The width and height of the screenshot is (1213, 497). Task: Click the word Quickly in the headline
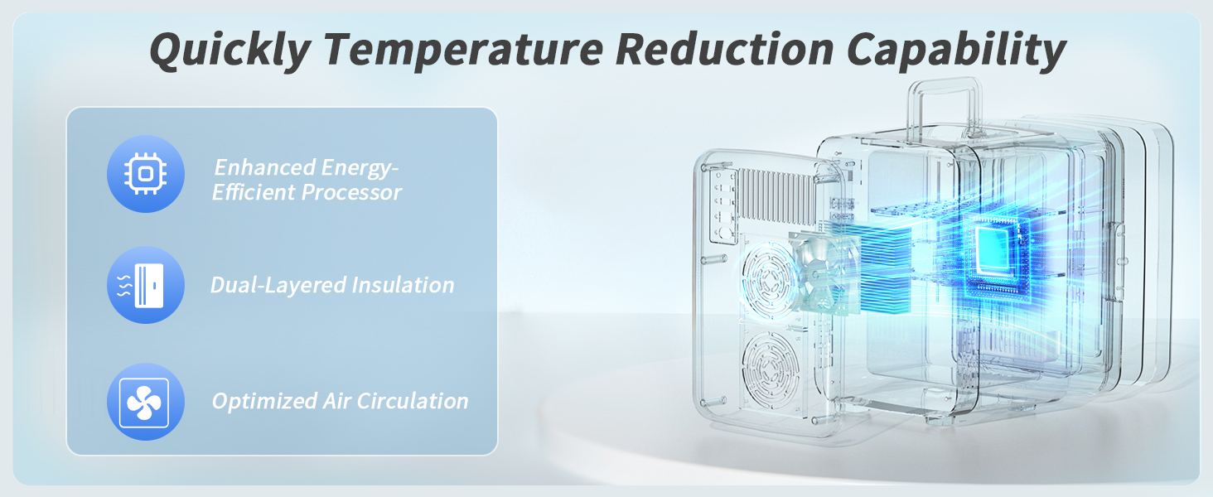pos(230,50)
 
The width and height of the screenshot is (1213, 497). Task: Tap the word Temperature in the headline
pos(463,50)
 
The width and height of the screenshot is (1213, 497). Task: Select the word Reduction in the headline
pos(724,49)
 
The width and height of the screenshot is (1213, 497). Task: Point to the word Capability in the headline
pos(956,50)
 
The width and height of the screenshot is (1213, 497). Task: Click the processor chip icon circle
pos(146,174)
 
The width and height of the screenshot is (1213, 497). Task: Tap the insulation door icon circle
pos(146,285)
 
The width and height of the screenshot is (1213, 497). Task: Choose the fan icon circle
pos(146,402)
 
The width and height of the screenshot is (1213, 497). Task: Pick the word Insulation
pos(403,285)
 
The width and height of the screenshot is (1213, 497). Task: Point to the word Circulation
pos(412,401)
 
